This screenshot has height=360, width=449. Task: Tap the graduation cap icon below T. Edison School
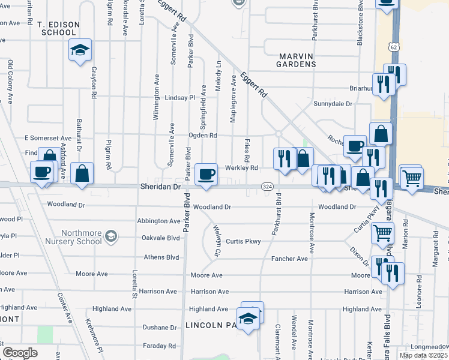pyautogui.click(x=79, y=51)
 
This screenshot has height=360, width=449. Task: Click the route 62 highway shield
pyautogui.click(x=393, y=46)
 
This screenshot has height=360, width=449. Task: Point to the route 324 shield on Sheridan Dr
pyautogui.click(x=268, y=187)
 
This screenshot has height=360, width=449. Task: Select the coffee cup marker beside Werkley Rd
pyautogui.click(x=207, y=174)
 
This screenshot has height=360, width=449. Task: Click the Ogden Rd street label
pyautogui.click(x=202, y=136)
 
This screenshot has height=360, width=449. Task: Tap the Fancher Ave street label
pyautogui.click(x=293, y=259)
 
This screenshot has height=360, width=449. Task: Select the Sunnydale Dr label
pyautogui.click(x=333, y=104)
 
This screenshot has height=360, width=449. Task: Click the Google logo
pyautogui.click(x=20, y=352)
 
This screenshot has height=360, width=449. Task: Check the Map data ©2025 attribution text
pyautogui.click(x=423, y=355)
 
